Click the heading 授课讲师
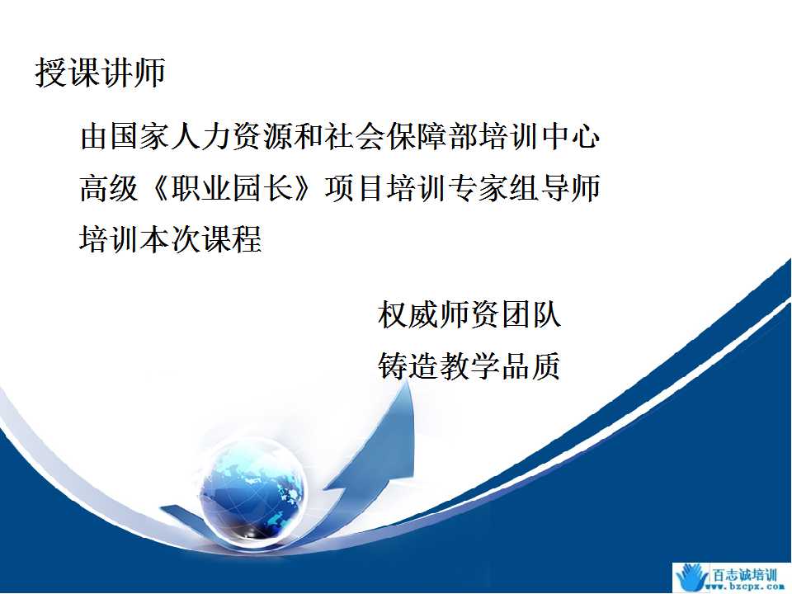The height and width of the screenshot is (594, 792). [x=100, y=73]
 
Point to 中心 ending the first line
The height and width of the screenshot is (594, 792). [x=571, y=136]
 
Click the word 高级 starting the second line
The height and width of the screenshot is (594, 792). [x=109, y=188]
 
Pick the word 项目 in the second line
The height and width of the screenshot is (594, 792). [x=355, y=188]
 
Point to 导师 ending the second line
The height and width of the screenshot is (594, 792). [x=570, y=188]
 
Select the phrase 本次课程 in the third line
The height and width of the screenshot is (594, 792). [x=200, y=238]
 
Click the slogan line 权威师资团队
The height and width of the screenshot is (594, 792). [x=469, y=314]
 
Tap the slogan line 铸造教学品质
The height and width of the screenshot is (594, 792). [x=469, y=365]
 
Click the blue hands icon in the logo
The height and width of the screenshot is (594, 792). [x=692, y=577]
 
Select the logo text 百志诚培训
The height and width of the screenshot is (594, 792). [x=744, y=575]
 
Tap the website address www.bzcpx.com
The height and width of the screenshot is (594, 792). [x=747, y=587]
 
